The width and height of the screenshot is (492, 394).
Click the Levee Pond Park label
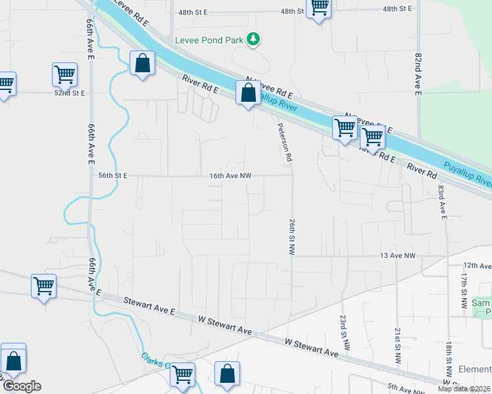pyautogui.click(x=209, y=39)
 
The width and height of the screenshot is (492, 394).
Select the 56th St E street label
pyautogui.click(x=112, y=176)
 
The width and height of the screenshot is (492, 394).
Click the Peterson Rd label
pyautogui.click(x=284, y=143)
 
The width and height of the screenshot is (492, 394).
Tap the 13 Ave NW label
pyautogui.click(x=398, y=255)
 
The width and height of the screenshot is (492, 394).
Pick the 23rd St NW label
pyautogui.click(x=343, y=330)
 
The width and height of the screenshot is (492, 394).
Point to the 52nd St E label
pyautogui.click(x=70, y=93)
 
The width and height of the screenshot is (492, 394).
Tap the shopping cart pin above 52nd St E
pyautogui.click(x=64, y=75)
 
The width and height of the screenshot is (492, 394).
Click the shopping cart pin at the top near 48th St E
pyautogui.click(x=319, y=8)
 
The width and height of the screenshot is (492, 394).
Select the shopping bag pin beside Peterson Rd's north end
pyautogui.click(x=248, y=93)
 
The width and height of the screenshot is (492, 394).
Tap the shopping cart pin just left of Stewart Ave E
pyautogui.click(x=43, y=286)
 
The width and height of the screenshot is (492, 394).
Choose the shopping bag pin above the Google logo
pyautogui.click(x=13, y=361)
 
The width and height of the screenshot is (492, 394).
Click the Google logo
pyautogui.click(x=22, y=386)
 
